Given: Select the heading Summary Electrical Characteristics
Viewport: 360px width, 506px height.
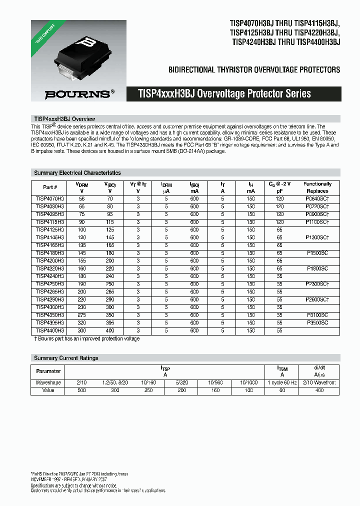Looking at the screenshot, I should point(77,173).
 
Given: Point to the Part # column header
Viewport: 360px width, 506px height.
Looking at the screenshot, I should point(50,187).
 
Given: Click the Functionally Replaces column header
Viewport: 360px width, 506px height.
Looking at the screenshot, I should point(317,187).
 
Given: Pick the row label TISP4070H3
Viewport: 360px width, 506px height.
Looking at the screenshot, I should point(50,198).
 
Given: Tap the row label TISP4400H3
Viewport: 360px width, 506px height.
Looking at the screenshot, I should point(50,330).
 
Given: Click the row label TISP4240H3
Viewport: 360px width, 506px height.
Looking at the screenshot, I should point(50,276).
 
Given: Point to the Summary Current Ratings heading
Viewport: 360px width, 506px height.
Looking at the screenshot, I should point(66,358).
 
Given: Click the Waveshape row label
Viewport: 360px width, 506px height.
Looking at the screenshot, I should point(48,382).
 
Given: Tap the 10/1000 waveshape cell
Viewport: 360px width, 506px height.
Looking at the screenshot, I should point(249,382).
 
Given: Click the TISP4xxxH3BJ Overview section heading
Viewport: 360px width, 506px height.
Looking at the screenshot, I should point(64,119).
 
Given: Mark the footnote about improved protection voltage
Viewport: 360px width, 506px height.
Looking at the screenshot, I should point(86,338).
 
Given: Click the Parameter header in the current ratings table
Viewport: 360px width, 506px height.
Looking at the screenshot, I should point(48,371).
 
